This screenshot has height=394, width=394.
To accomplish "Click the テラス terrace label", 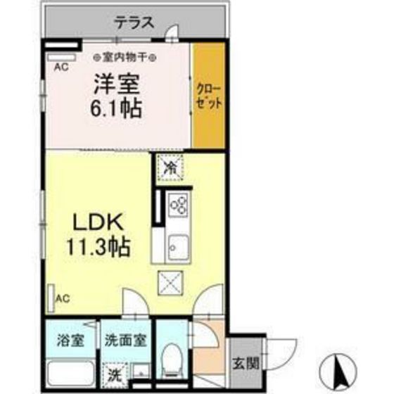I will pyautogui.click(x=134, y=22).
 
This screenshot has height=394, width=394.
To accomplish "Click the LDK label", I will pyautogui.click(x=99, y=224).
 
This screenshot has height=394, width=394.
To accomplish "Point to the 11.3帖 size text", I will pyautogui.click(x=99, y=247).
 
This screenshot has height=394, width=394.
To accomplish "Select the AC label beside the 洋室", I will pyautogui.click(x=61, y=68).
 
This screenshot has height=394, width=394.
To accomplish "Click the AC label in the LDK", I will pyautogui.click(x=63, y=298).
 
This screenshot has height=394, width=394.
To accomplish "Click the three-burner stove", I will pyautogui.click(x=178, y=205).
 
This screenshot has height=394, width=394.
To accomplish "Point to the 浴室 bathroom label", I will pyautogui.click(x=70, y=341).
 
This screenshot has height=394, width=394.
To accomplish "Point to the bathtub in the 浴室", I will pyautogui.click(x=70, y=371).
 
